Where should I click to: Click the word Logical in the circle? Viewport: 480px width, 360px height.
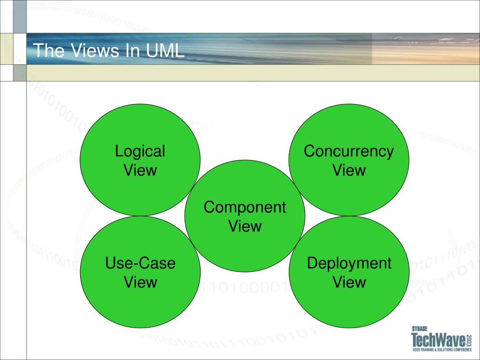pyautogui.click(x=140, y=151)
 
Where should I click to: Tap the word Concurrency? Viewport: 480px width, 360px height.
pyautogui.click(x=349, y=151)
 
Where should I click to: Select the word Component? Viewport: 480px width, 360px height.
pyautogui.click(x=245, y=207)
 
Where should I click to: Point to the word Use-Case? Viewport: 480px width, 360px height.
pyautogui.click(x=140, y=263)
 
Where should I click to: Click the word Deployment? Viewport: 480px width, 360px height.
pyautogui.click(x=349, y=263)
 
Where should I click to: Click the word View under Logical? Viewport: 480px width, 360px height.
pyautogui.click(x=140, y=170)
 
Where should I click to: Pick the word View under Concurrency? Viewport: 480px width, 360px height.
pyautogui.click(x=349, y=170)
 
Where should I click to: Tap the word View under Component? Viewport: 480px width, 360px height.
pyautogui.click(x=245, y=226)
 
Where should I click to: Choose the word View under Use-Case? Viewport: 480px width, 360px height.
pyautogui.click(x=140, y=282)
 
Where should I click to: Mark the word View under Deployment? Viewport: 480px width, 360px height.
pyautogui.click(x=349, y=282)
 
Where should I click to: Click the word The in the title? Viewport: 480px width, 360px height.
pyautogui.click(x=50, y=51)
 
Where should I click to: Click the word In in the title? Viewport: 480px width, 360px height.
pyautogui.click(x=133, y=51)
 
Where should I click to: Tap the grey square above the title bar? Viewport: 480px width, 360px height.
pyautogui.click(x=20, y=16)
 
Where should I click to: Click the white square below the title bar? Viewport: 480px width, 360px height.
pyautogui.click(x=7, y=73)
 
